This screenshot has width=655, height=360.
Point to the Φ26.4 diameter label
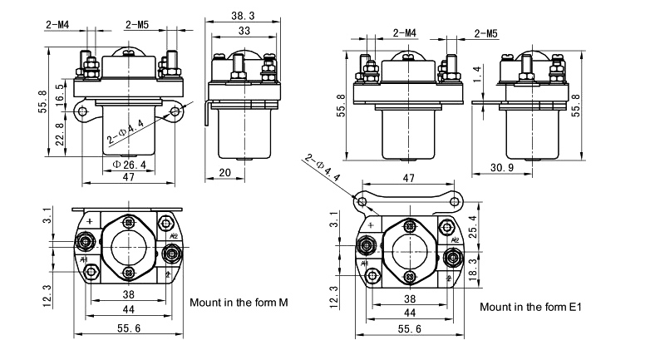(x=129, y=165)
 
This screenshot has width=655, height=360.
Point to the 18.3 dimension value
(x=473, y=269)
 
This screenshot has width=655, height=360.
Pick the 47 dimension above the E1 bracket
(x=408, y=179)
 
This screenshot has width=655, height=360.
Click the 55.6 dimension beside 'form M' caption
(x=128, y=329)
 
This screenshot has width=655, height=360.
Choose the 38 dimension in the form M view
(x=128, y=294)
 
